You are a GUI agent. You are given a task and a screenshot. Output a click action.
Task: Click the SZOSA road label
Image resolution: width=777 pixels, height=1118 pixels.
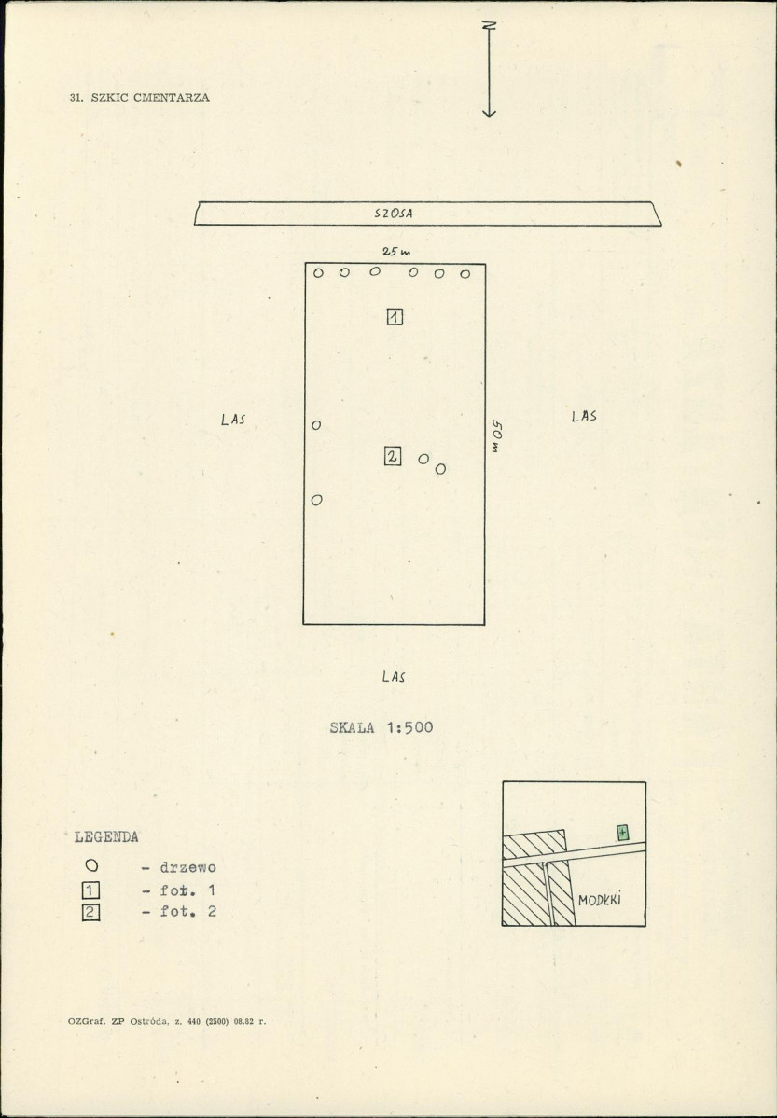click(x=393, y=213)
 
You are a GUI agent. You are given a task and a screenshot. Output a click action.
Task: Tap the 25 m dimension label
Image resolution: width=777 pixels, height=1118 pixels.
click(x=396, y=252)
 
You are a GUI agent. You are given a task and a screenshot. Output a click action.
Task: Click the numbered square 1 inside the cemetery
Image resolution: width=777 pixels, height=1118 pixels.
click(x=395, y=317)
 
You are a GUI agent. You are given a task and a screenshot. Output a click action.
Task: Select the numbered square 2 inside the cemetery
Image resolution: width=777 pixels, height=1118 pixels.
click(x=393, y=456)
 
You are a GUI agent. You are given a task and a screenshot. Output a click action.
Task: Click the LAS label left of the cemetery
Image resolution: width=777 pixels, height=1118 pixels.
click(x=233, y=420)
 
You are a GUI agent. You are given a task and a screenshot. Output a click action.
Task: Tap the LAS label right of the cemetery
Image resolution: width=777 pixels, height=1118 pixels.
click(x=584, y=416)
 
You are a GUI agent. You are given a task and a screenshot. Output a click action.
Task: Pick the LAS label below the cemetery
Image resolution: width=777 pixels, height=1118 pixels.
click(x=393, y=676)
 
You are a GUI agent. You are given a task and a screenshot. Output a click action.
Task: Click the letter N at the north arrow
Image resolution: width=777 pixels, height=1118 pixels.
click(x=489, y=25)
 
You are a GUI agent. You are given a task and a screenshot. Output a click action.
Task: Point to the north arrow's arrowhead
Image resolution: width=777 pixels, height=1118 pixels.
click(x=489, y=112)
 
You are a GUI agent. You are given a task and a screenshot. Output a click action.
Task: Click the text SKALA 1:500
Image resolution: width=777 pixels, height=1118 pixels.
click(x=381, y=728)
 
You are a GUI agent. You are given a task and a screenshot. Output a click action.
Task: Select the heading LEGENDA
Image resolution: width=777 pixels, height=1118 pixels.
click(x=106, y=837)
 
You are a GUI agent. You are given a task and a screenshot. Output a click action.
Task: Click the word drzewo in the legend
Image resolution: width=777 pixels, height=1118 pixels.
click(x=187, y=868)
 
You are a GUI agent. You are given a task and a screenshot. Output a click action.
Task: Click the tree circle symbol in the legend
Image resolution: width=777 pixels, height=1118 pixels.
click(x=91, y=865)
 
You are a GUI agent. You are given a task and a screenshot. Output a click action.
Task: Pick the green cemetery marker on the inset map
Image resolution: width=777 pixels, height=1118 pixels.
click(x=623, y=832)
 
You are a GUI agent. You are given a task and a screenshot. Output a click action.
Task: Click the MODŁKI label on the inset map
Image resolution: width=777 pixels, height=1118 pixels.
click(x=600, y=900)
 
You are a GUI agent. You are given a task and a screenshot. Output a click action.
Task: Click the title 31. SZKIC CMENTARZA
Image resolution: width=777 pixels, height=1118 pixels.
click(x=140, y=98)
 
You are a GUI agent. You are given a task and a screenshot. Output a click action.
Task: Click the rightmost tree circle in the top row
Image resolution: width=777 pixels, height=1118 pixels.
click(x=465, y=274)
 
